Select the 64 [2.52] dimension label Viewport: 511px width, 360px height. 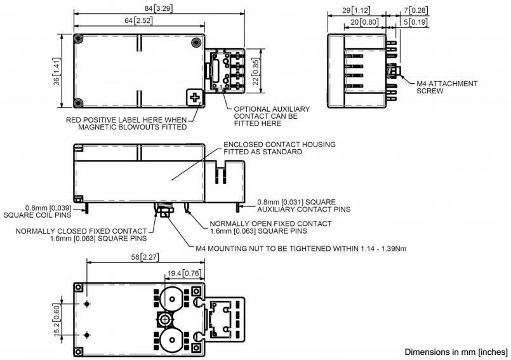coord(138,21)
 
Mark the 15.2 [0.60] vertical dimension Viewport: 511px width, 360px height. coord(58,315)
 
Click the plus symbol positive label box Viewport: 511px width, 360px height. coord(195,98)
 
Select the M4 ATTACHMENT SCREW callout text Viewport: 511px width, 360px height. coord(447,87)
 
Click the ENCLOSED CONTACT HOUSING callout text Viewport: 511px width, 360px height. coord(279,149)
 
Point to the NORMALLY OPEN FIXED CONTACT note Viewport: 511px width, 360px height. coord(270,227)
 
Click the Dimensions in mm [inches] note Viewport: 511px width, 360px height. coord(456,352)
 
